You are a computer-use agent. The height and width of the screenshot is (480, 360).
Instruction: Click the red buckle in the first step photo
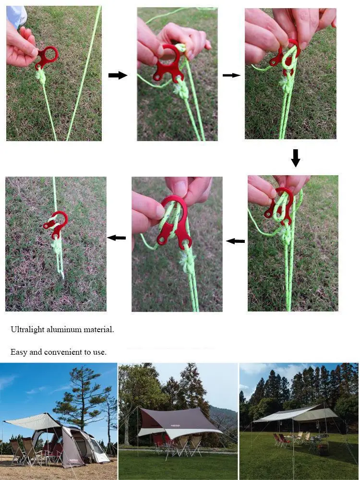pos(46,57)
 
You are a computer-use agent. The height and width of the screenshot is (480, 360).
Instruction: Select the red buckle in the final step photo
pos(56,224)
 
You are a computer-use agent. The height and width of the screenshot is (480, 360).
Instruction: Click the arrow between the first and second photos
pos(118,75)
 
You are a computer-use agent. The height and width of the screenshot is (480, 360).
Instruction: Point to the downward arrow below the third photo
pos(295,158)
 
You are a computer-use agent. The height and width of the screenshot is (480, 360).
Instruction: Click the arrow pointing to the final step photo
pos(117,238)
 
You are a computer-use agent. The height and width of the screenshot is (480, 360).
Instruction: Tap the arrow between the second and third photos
pos(231,75)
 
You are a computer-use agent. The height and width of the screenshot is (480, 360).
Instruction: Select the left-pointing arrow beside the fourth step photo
pos(235,241)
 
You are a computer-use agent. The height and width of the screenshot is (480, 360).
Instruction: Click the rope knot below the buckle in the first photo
pos(41,76)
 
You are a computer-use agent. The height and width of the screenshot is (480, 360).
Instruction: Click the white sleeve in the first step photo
pos(16,16)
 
